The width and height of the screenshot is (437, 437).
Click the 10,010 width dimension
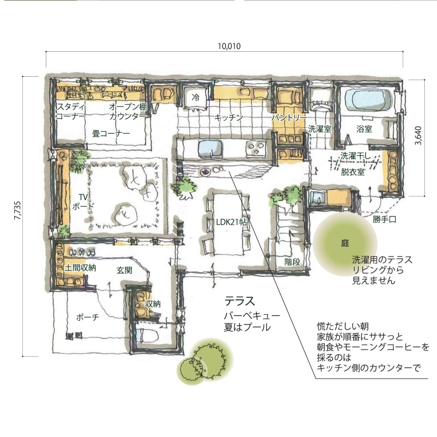(229, 46)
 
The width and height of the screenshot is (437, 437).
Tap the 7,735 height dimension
(17, 210)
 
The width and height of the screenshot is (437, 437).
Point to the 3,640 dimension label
(418, 136)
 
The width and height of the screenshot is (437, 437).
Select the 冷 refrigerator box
(196, 98)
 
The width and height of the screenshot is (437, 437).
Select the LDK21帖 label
(231, 223)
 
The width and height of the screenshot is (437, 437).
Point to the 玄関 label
(125, 270)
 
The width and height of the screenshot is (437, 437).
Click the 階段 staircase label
(293, 262)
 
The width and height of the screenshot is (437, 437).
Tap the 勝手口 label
(384, 219)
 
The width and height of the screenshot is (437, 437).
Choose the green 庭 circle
(345, 244)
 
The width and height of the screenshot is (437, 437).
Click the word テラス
(240, 301)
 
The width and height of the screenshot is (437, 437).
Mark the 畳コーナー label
(111, 133)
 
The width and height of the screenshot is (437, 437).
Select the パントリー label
(290, 118)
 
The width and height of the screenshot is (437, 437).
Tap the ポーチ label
(88, 317)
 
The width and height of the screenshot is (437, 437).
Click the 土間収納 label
(80, 268)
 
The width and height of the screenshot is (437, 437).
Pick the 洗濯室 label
(320, 129)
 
